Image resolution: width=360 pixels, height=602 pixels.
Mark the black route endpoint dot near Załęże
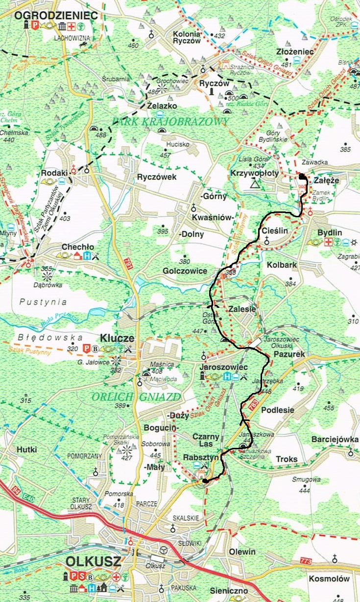302,177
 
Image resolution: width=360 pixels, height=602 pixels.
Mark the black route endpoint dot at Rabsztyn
204,481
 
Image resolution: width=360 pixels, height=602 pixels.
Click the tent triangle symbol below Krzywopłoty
254,184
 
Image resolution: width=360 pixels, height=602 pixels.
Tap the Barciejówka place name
335,439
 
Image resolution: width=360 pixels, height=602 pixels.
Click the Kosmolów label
329,579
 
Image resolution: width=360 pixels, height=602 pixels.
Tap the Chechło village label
77,247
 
